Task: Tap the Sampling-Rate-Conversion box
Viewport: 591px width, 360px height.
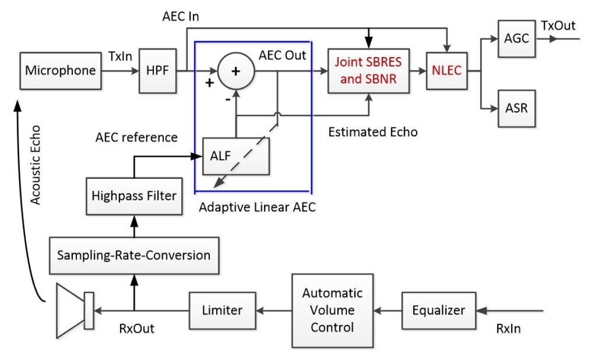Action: (133, 255)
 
